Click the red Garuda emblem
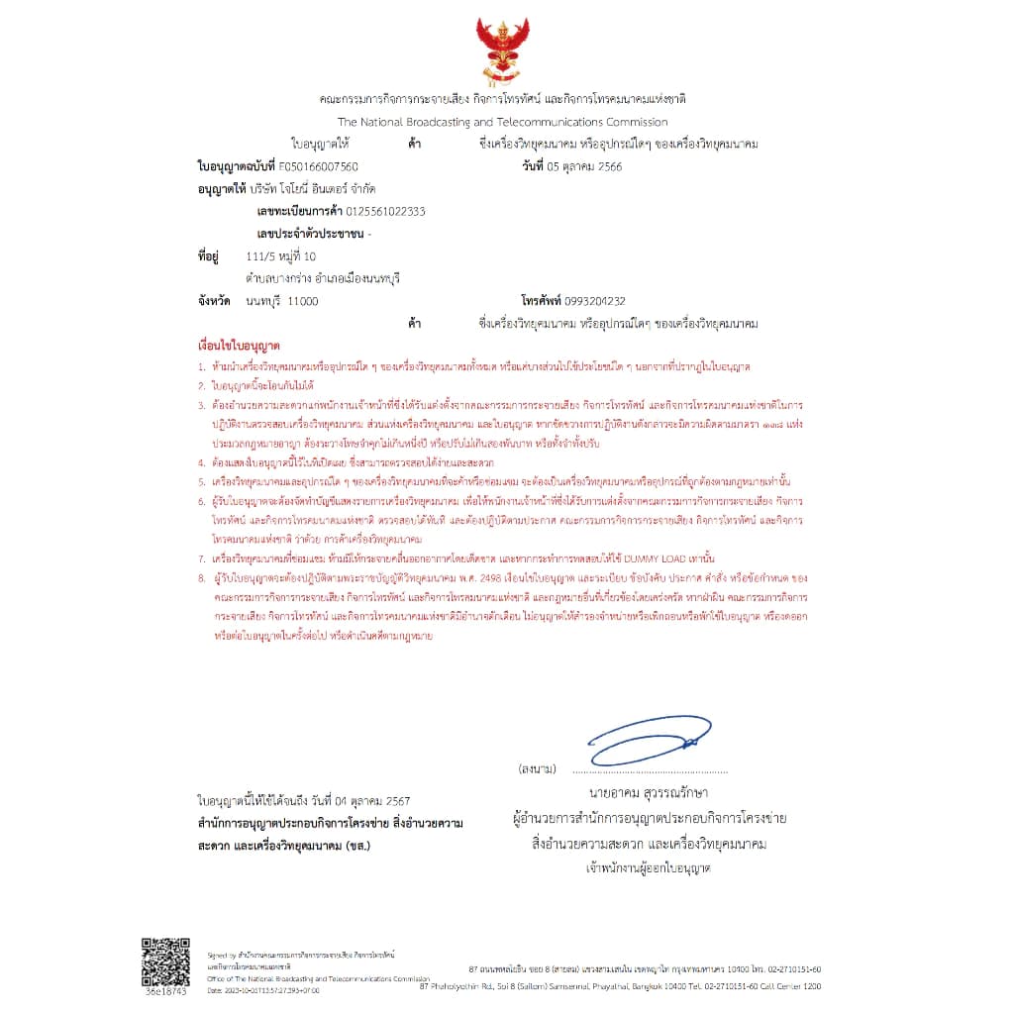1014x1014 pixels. (x=502, y=50)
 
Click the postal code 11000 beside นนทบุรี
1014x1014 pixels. (x=302, y=300)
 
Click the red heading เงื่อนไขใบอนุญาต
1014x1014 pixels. (x=239, y=348)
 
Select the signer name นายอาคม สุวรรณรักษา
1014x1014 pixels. (x=649, y=793)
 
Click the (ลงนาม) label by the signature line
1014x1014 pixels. (x=537, y=768)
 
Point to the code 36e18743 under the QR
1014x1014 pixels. (x=165, y=989)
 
